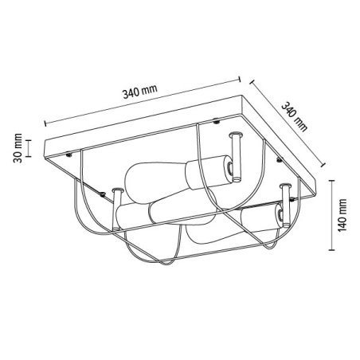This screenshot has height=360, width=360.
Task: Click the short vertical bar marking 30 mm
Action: pyautogui.click(x=29, y=148)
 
